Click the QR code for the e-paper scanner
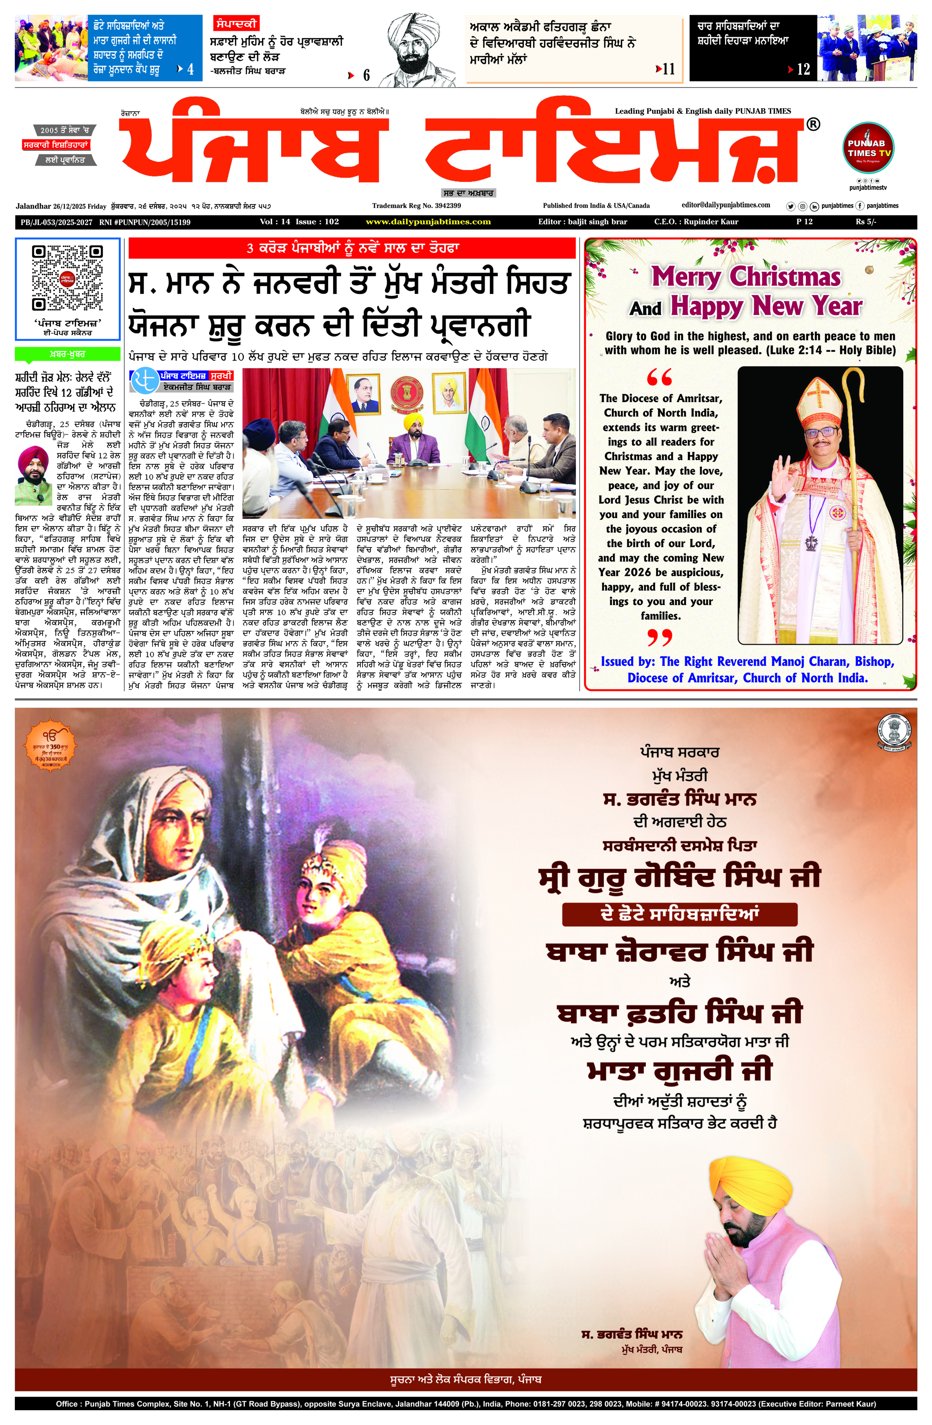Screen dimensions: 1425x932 67,277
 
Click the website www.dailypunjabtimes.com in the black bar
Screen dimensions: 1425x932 428,222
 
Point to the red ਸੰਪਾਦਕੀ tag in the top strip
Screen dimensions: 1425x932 236,23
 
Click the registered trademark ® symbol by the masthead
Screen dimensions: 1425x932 813,124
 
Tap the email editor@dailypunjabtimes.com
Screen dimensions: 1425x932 726,205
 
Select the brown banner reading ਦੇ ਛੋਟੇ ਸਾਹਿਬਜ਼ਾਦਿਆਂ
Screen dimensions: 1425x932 679,914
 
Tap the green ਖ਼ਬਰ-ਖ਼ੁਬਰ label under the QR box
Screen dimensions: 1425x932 67,355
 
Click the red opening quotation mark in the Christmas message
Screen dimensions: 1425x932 659,377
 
